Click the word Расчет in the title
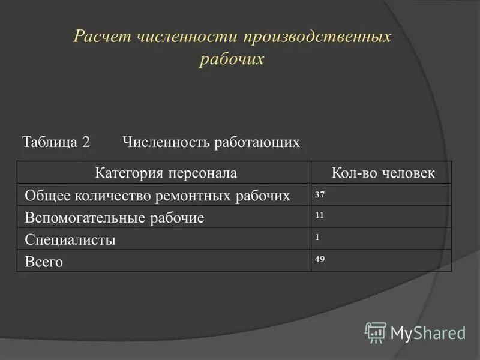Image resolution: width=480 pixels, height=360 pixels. [101, 37]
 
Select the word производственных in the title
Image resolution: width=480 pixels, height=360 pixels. [317, 37]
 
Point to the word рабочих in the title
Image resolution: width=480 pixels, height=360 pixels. [231, 60]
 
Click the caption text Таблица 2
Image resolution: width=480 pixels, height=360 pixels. [56, 142]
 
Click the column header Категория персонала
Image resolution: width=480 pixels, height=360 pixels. [166, 173]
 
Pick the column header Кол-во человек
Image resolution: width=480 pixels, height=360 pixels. [383, 173]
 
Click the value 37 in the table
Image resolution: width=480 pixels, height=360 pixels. [319, 194]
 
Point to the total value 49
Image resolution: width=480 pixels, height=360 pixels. [319, 259]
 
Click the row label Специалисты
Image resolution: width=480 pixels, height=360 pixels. [70, 241]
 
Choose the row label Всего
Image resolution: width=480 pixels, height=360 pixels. [44, 262]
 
